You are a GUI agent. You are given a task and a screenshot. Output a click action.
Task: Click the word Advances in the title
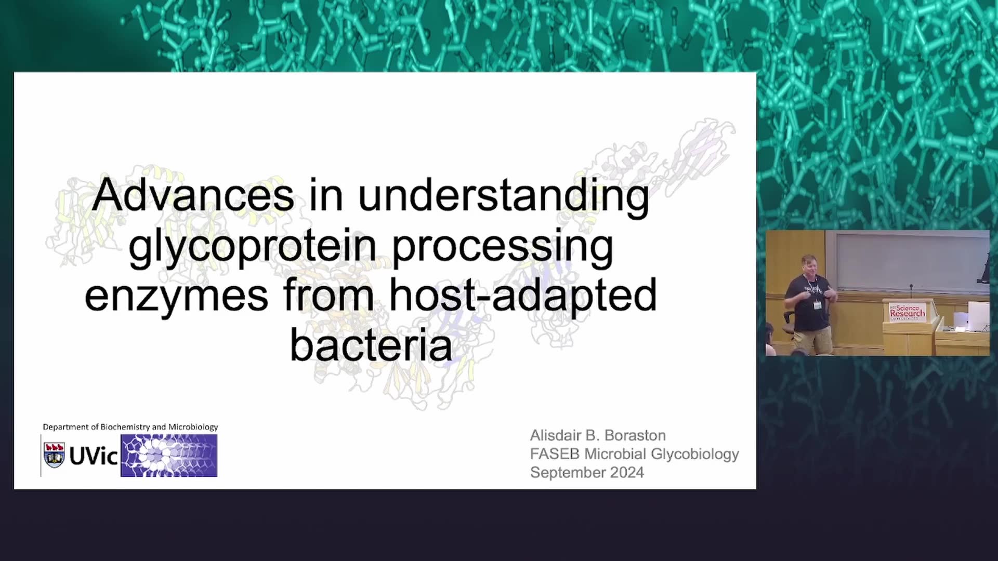[193, 195]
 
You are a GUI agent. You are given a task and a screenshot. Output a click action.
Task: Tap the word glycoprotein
[252, 248]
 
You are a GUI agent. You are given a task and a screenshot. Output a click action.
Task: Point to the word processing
[503, 248]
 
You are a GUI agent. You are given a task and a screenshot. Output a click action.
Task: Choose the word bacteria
[371, 344]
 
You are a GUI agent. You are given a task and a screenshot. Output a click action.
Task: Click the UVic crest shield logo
[54, 455]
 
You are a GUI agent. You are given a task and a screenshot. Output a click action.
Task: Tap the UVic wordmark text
[94, 457]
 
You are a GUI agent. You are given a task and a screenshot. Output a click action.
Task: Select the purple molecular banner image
[169, 456]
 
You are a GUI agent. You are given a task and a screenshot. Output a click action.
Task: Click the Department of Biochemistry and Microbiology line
[130, 427]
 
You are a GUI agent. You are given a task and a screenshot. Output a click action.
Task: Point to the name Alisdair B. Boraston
[598, 435]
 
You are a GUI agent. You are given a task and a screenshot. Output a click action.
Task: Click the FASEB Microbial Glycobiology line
[635, 454]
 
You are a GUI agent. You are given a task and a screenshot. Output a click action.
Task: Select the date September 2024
[587, 473]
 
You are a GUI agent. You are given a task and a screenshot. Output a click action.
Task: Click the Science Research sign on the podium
[907, 312]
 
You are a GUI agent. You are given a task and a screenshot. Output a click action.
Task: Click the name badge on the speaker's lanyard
[818, 304]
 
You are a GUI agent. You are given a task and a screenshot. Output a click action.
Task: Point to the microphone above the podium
[911, 291]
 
